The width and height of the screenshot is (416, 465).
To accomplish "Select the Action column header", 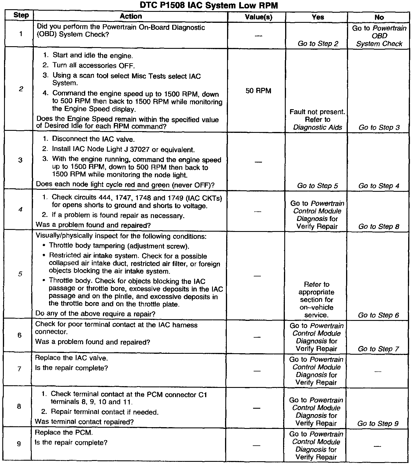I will (x=131, y=16).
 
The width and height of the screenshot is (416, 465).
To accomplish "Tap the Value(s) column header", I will (x=258, y=17).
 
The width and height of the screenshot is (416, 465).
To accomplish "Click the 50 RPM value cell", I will (x=258, y=91).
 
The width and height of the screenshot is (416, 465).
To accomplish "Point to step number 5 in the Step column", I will (x=20, y=274).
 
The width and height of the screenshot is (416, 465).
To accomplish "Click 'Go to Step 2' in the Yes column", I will (x=318, y=44).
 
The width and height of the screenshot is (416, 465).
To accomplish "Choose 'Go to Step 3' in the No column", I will (x=379, y=127).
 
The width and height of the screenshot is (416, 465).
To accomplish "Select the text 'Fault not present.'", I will (x=317, y=112).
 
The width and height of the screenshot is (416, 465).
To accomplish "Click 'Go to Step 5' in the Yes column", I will (x=317, y=186).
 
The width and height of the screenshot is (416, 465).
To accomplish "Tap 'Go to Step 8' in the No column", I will (x=378, y=226).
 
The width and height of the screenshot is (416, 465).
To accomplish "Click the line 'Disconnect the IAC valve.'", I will (x=93, y=139).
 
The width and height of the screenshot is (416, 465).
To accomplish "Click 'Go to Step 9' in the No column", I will (x=378, y=423).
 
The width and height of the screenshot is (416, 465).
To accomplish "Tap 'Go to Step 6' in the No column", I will (x=378, y=315).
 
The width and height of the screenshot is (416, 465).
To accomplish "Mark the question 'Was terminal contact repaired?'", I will (x=84, y=421).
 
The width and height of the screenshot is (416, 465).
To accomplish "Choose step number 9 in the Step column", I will (x=19, y=443).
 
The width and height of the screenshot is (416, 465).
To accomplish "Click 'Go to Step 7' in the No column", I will (x=378, y=349).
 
